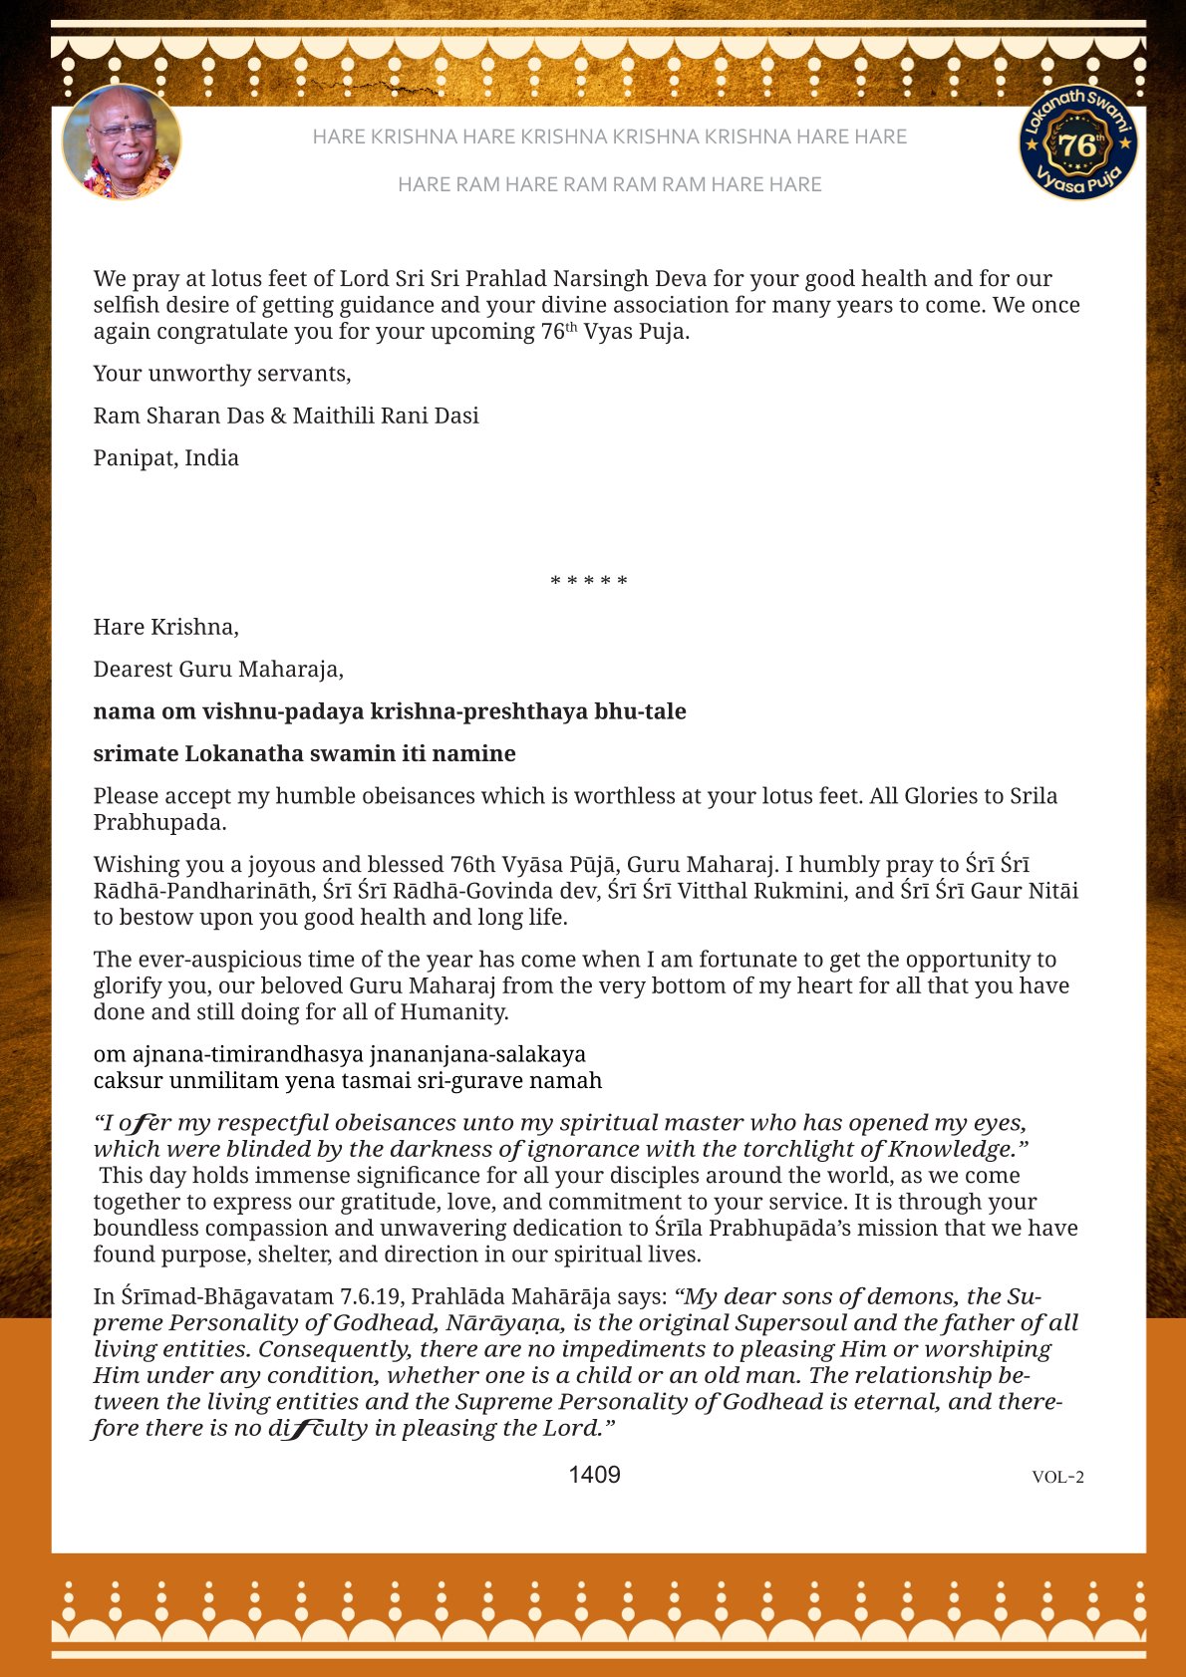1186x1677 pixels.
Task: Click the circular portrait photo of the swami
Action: [122, 141]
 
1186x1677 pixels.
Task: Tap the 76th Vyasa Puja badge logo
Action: [1078, 141]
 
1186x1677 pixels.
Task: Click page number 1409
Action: [594, 1475]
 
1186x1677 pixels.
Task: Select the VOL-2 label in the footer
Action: [1057, 1477]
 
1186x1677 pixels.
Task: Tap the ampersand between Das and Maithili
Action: [278, 416]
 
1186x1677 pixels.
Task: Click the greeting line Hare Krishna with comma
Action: [165, 627]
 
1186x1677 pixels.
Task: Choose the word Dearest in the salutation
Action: [133, 670]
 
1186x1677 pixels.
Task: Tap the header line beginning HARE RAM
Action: [609, 184]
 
